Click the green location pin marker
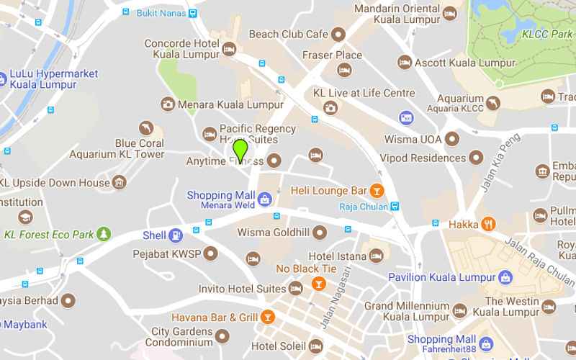[x=240, y=150]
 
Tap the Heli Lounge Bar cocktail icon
[x=376, y=191]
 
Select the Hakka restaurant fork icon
[x=489, y=224]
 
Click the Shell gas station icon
[x=175, y=235]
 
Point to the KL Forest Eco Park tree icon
[x=104, y=234]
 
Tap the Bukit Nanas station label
[x=162, y=12]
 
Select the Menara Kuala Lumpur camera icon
[x=168, y=104]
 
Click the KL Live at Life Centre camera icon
[x=330, y=108]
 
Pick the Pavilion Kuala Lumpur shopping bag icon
[x=506, y=277]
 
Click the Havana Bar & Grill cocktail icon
[x=267, y=317]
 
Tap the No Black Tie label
[x=307, y=269]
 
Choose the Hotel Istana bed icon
[x=376, y=256]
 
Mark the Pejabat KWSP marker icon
[x=211, y=253]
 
